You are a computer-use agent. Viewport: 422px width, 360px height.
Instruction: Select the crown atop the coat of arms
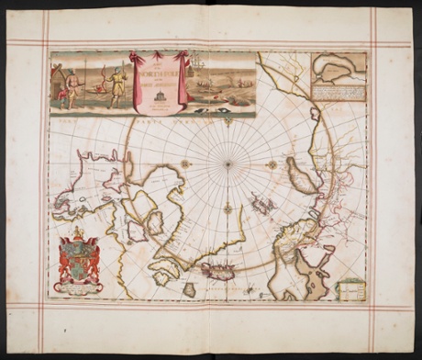click(x=78, y=233)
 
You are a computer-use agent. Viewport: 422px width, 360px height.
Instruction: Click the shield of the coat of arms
click(x=78, y=263)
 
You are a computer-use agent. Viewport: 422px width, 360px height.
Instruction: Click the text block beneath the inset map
click(x=339, y=90)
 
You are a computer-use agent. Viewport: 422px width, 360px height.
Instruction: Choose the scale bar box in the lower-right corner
click(x=350, y=290)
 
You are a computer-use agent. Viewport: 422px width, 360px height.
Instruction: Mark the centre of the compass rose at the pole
click(x=228, y=163)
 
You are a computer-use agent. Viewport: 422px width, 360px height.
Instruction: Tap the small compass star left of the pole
click(x=186, y=163)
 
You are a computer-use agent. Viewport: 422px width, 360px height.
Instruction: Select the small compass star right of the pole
click(x=272, y=163)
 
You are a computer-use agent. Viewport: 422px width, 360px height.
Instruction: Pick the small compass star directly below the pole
click(x=228, y=208)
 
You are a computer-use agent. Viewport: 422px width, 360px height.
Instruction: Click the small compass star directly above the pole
click(x=228, y=120)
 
